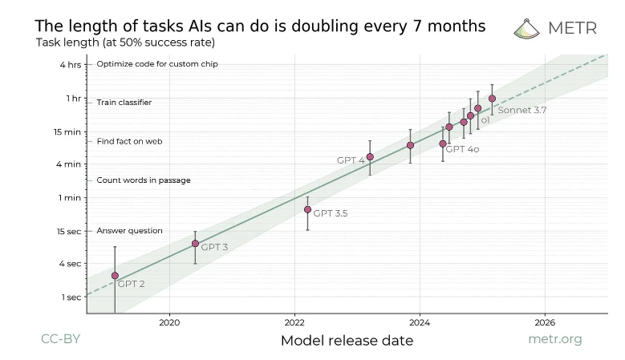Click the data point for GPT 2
[x=115, y=275]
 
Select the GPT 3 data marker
[x=195, y=243]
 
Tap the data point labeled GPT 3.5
[x=307, y=209]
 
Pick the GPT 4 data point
[x=370, y=156]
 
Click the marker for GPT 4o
[x=443, y=144]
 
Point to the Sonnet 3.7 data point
[x=492, y=99]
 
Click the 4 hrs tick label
[x=71, y=64]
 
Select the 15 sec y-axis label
[x=69, y=231]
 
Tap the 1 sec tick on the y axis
[x=72, y=297]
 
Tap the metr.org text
[x=555, y=339]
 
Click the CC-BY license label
[x=61, y=339]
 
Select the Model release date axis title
[x=347, y=341]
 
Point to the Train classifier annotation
[x=124, y=103]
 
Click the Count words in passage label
[x=144, y=180]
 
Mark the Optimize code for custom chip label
[x=157, y=64]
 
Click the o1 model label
[x=485, y=119]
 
